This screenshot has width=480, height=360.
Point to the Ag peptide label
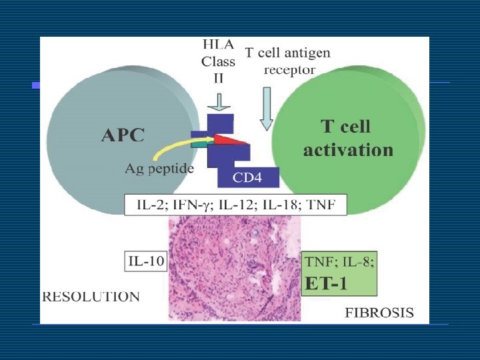click(x=159, y=169)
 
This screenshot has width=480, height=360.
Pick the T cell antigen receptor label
click(x=287, y=60)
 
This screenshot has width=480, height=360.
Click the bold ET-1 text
click(x=326, y=283)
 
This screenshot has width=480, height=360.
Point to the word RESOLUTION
click(x=91, y=297)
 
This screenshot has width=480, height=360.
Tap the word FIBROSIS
click(x=379, y=312)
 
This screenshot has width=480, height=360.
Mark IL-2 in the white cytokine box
click(x=151, y=205)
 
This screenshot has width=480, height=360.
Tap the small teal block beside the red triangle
click(x=199, y=143)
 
